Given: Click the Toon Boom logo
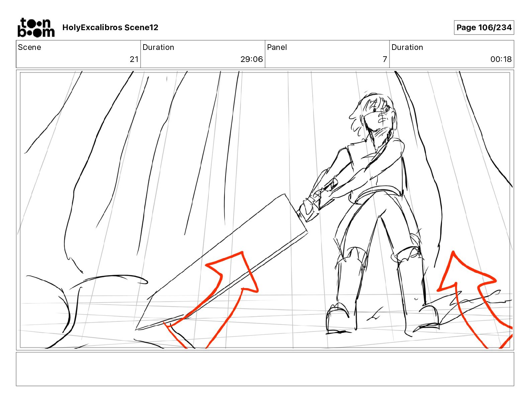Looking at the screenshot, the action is point(36,27).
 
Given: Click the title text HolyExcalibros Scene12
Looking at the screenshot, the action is point(110,27).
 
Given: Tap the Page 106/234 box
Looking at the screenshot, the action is point(484,27).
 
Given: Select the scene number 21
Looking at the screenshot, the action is point(134,59).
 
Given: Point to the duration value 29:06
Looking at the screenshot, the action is point(252,59).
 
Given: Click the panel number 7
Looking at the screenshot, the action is point(385,59).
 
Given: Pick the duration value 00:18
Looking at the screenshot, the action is point(501,59).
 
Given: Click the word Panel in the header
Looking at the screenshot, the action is point(277,47).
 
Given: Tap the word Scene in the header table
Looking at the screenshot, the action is point(29,47).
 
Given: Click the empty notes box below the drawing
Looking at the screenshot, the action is point(265,369).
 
